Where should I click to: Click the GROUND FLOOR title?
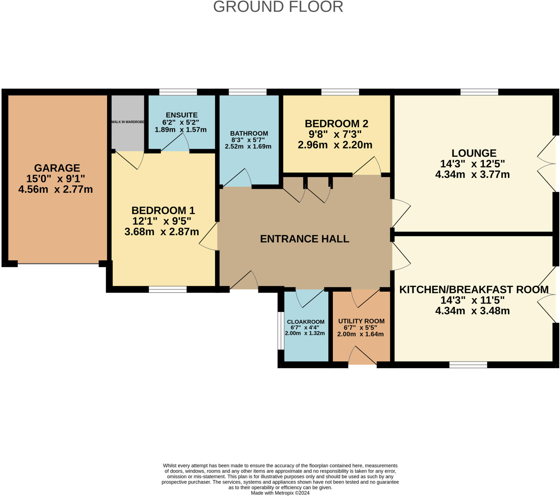(x=278, y=7)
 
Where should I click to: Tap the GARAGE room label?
(x=57, y=168)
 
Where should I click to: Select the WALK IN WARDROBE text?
(x=128, y=122)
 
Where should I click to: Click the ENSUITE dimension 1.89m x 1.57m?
(x=180, y=130)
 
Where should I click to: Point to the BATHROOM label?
(x=249, y=133)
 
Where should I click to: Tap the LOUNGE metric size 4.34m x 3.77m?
(x=472, y=174)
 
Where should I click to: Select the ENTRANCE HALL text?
(x=304, y=239)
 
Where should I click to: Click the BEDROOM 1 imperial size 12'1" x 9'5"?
(x=162, y=221)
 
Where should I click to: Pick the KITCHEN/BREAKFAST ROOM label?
(x=474, y=289)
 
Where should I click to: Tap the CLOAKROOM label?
(x=305, y=322)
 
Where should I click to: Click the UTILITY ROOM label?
(x=361, y=321)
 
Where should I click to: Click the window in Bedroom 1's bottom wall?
(x=168, y=289)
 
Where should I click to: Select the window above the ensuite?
(x=178, y=92)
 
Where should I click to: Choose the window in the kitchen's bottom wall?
(x=468, y=365)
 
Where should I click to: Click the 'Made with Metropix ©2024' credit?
(x=280, y=493)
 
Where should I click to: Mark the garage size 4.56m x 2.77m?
(x=56, y=189)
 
